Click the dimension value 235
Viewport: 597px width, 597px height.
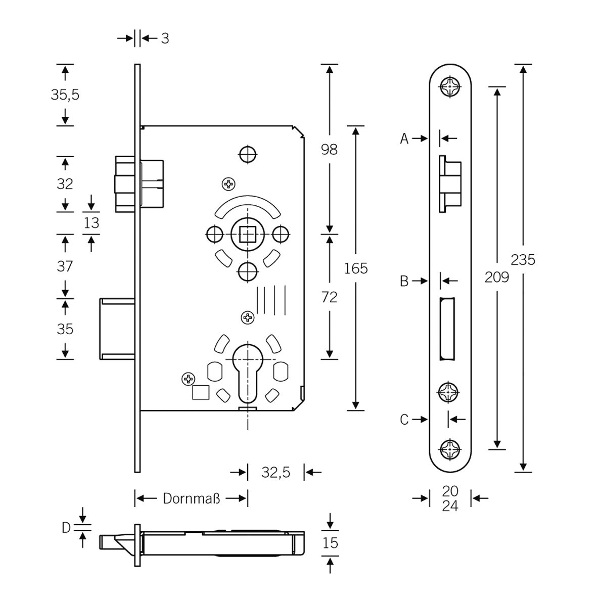point(523,260)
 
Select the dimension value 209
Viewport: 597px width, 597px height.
point(497,277)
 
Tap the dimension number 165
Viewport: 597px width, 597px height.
point(355,268)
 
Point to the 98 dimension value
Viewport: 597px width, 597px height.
point(330,149)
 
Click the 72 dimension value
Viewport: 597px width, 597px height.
point(330,297)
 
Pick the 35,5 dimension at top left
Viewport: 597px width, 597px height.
point(65,95)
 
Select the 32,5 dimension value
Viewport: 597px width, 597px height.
point(275,473)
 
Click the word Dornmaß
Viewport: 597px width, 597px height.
point(192,498)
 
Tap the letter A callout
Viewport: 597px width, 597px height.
point(404,139)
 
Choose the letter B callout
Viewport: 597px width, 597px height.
point(404,281)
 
